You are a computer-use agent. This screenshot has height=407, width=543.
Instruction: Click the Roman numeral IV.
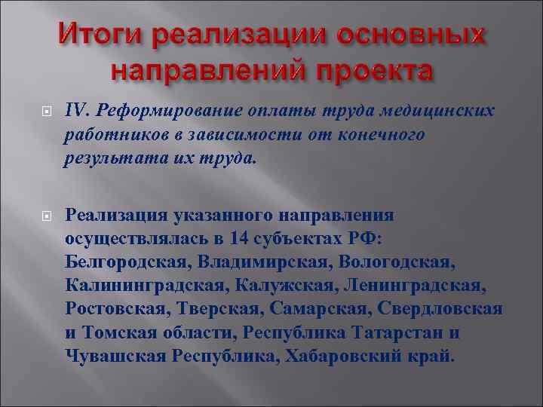pos(76,112)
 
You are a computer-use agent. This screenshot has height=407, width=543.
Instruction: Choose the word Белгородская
pos(128,262)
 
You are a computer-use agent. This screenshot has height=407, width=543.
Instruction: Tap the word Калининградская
pos(142,286)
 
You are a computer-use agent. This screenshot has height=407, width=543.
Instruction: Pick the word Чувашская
pos(110,356)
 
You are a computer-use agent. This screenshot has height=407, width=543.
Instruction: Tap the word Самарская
pos(316,309)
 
